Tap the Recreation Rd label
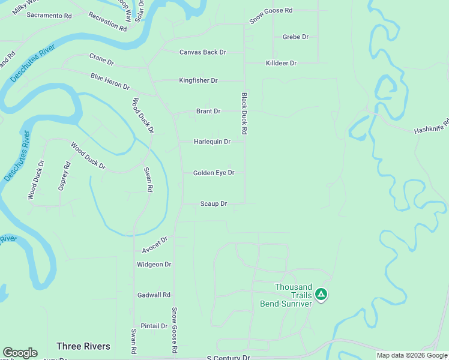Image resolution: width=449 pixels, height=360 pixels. pyautogui.click(x=107, y=21)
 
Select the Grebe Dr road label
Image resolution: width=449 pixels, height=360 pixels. pyautogui.click(x=295, y=37)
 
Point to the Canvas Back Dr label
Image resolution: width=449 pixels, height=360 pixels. pyautogui.click(x=202, y=52)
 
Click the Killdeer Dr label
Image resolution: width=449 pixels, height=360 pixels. pyautogui.click(x=281, y=63)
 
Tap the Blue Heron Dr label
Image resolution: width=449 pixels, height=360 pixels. pyautogui.click(x=110, y=82)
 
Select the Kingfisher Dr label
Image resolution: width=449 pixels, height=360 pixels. pyautogui.click(x=198, y=80)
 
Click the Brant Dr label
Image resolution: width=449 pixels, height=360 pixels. pyautogui.click(x=208, y=111)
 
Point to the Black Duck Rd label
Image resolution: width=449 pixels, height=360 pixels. pyautogui.click(x=244, y=113)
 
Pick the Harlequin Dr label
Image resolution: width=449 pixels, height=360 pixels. pyautogui.click(x=212, y=142)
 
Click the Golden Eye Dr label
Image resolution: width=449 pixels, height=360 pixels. pyautogui.click(x=213, y=173)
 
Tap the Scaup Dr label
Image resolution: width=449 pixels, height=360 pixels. pyautogui.click(x=213, y=204)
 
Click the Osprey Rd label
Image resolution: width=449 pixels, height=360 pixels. pyautogui.click(x=64, y=176)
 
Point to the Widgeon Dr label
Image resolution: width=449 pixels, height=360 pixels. pyautogui.click(x=154, y=264)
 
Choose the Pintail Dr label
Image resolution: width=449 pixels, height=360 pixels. pyautogui.click(x=154, y=326)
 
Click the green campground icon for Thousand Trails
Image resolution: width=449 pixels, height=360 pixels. pyautogui.click(x=321, y=294)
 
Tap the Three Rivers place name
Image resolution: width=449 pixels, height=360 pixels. pyautogui.click(x=83, y=346)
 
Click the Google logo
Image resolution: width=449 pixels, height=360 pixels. pyautogui.click(x=20, y=353)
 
